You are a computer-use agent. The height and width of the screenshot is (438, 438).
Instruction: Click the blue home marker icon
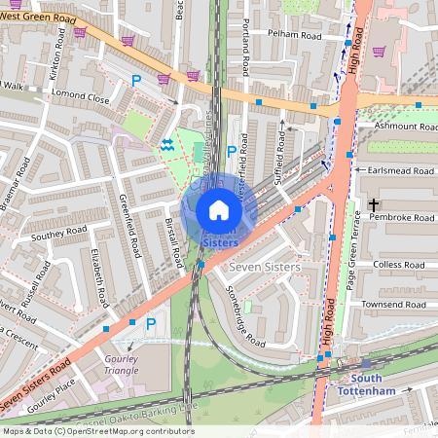[219, 210]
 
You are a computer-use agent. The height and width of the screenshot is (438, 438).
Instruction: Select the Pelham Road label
[298, 35]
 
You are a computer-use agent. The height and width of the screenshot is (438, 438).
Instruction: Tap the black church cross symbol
[375, 205]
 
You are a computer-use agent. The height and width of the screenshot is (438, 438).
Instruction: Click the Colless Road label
[400, 264]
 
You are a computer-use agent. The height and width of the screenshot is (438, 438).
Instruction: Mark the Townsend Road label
[395, 306]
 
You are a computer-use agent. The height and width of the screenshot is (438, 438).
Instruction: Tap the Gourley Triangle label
[121, 365]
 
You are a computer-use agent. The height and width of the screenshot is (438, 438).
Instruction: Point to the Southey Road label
[59, 236]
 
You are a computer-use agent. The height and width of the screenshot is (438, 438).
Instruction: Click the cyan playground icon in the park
[166, 144]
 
